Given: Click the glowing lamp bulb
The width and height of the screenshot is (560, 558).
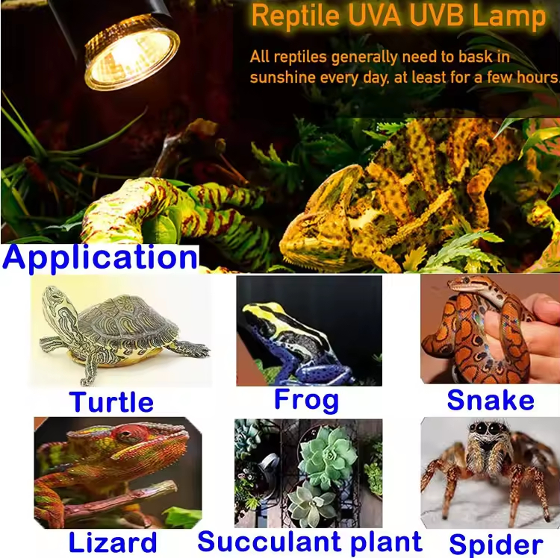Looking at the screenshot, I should click(x=131, y=52).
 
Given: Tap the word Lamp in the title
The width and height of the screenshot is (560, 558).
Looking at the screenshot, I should click(x=511, y=16).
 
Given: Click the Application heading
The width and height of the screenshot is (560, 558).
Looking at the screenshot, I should click(x=100, y=258).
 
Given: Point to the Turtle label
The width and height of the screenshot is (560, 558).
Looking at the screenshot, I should click(x=112, y=402).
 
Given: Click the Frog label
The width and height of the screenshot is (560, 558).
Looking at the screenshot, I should click(x=306, y=399).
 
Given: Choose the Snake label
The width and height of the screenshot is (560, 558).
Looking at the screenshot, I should click(x=491, y=400).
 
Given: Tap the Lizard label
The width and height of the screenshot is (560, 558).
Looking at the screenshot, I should click(x=113, y=542).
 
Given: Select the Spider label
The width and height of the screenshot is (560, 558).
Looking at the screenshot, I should click(x=496, y=544).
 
